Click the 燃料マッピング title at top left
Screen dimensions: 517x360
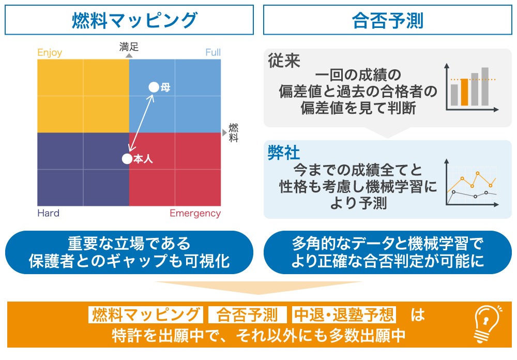point(135,20)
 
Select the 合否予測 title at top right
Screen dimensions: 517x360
point(387,20)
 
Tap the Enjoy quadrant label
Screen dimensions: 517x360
point(50,53)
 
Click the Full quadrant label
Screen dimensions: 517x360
point(213,52)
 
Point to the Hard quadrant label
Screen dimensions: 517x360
point(49,213)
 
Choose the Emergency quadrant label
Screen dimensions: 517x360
point(195,214)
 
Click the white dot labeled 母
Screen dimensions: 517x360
point(154,87)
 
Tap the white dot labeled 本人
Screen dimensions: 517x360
point(127,159)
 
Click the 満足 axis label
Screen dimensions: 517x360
point(129,47)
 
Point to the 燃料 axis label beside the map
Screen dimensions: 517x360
point(234,132)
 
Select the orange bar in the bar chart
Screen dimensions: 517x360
point(464,92)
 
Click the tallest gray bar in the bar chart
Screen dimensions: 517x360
point(485,86)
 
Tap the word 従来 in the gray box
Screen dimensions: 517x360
point(284,61)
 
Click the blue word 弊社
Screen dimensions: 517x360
point(284,153)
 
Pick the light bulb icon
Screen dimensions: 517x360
point(487,324)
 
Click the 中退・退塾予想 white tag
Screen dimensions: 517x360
point(344,315)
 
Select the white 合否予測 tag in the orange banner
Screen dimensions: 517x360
point(247,315)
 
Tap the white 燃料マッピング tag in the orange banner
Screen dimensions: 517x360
point(145,315)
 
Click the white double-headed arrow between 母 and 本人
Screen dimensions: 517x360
point(141,123)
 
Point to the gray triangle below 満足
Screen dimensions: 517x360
point(129,56)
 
